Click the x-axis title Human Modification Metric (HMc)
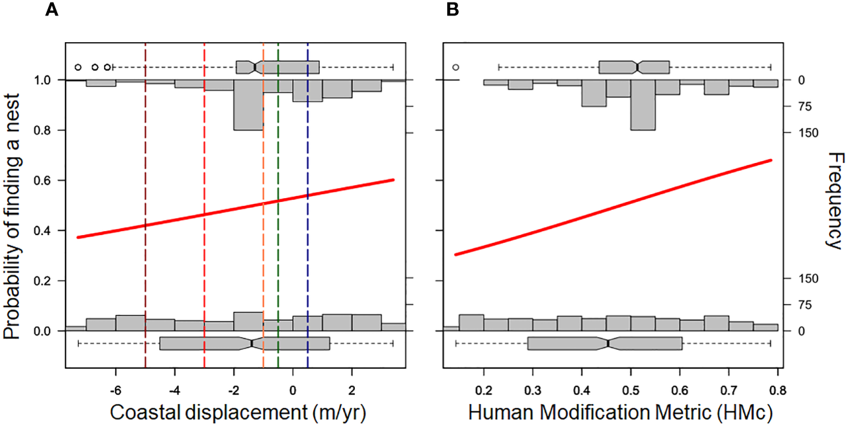610,412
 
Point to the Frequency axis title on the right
834,201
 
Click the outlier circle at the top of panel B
456,67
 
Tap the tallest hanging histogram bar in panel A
248,105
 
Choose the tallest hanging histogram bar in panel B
643,105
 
